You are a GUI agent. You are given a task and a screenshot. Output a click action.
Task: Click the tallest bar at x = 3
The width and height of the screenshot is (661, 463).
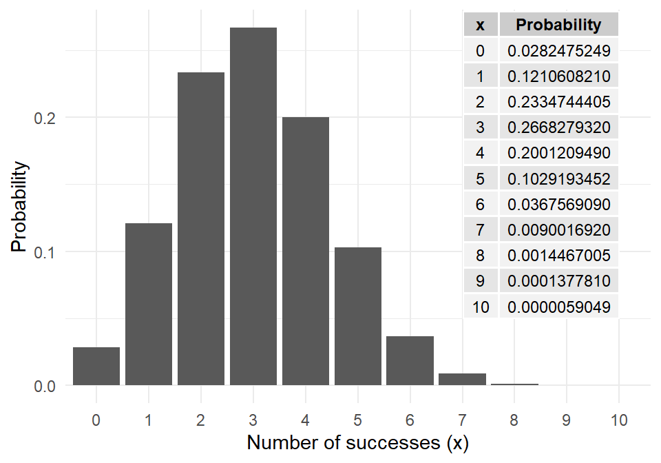point(253,207)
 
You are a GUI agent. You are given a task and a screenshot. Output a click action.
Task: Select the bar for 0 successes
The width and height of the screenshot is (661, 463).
point(96,367)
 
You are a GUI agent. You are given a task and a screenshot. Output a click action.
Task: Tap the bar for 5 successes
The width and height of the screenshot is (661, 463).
point(358,316)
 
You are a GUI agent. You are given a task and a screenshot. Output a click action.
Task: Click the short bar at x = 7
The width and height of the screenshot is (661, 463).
point(463,380)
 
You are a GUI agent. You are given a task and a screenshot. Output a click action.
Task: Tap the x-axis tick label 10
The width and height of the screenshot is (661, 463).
point(618,418)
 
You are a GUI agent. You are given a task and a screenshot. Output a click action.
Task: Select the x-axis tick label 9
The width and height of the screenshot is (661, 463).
point(567,418)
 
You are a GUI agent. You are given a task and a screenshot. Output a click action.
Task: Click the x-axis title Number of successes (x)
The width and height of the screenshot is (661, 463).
point(357,442)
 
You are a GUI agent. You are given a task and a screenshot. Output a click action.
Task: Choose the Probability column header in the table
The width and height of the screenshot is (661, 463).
point(558,25)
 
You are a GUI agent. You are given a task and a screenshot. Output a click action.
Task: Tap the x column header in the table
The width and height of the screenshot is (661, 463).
point(481,25)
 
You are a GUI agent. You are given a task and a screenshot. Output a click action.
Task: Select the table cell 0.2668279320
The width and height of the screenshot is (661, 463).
point(558,127)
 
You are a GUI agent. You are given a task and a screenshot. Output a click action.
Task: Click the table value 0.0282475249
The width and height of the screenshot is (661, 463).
point(558,51)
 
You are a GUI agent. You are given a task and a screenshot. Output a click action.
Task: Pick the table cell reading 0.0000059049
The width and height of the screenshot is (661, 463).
point(558,307)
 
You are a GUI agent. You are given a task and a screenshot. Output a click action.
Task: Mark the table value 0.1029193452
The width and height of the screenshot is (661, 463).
point(558,179)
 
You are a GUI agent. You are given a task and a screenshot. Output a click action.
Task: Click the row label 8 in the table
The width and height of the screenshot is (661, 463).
point(481,256)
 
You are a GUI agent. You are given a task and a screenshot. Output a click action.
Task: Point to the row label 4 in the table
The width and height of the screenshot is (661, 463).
point(481,153)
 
